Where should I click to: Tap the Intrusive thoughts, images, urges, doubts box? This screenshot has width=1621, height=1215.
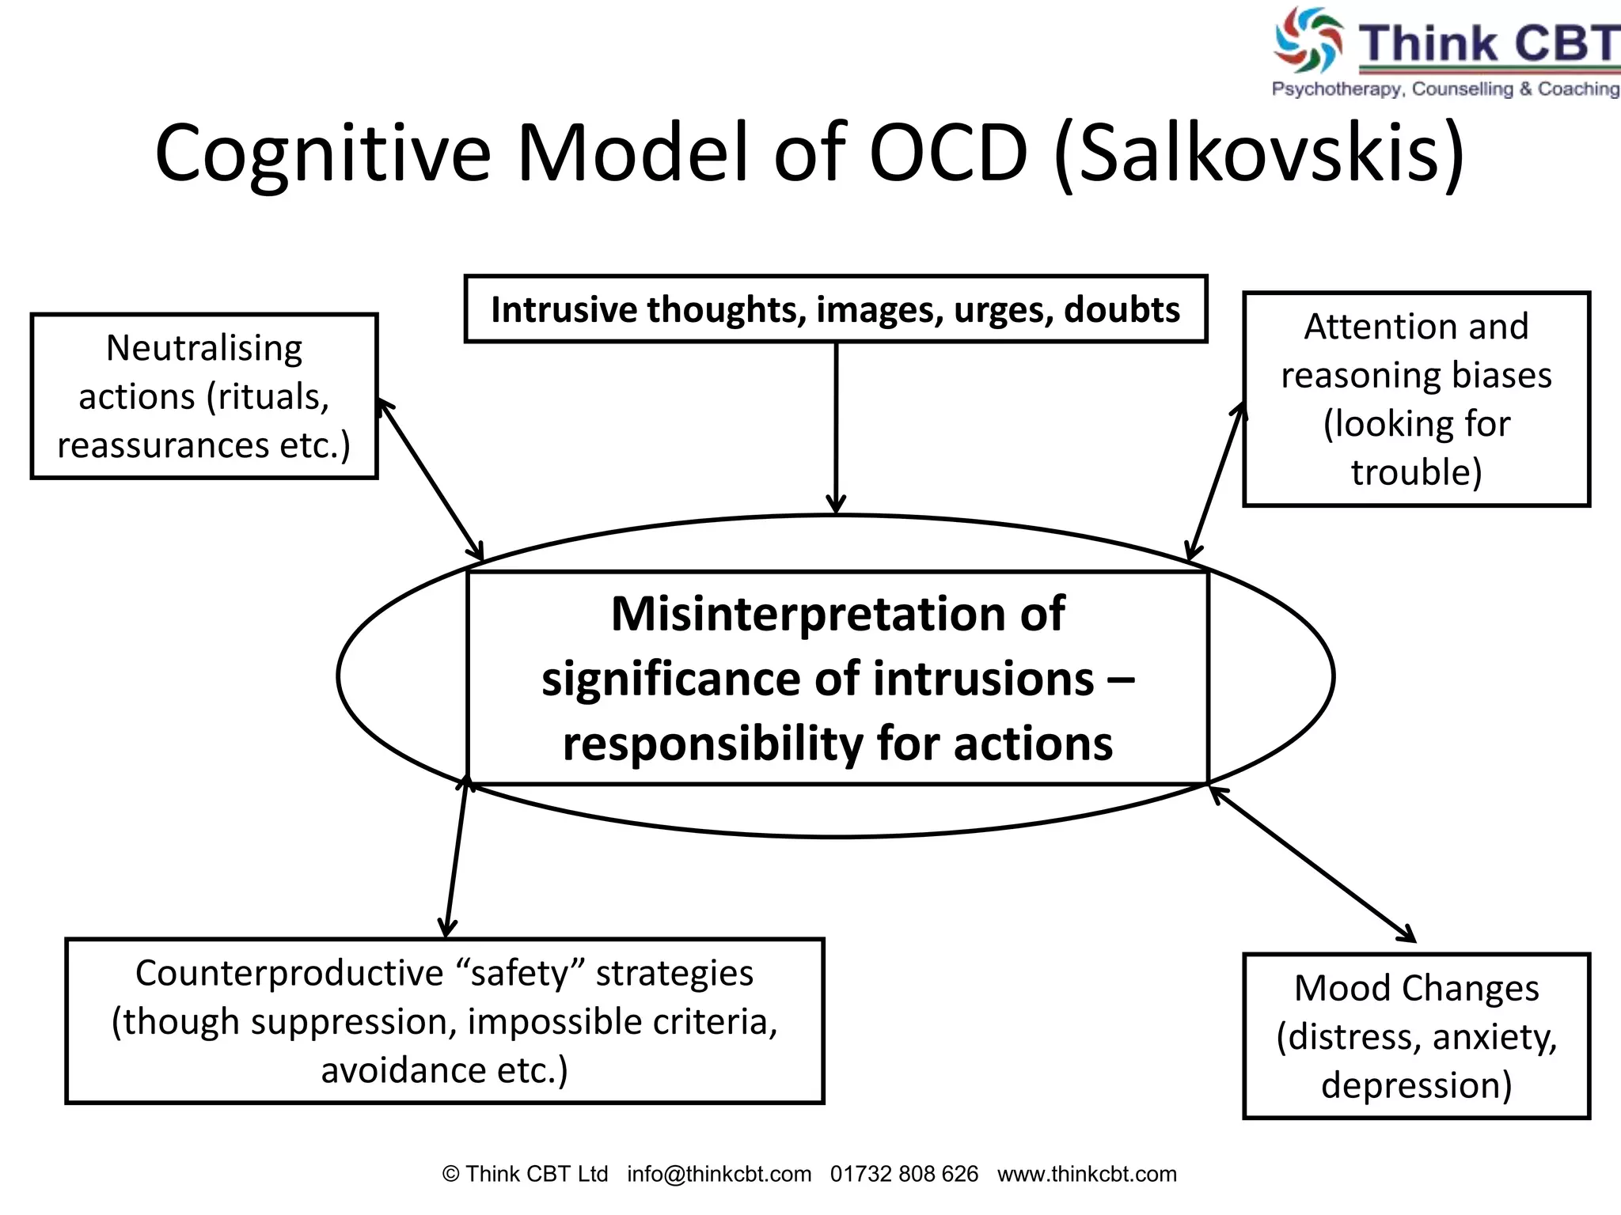click(835, 309)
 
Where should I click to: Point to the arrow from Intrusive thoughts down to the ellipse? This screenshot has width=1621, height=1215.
click(836, 427)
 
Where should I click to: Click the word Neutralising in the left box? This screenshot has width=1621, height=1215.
click(204, 348)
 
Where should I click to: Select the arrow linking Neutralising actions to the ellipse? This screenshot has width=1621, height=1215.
click(430, 479)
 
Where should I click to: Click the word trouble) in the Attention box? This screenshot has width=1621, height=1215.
click(1416, 472)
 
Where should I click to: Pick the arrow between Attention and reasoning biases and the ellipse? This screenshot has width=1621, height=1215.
click(1216, 483)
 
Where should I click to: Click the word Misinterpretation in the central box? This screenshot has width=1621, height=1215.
click(837, 614)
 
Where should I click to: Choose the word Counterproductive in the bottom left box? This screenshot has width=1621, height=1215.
click(289, 973)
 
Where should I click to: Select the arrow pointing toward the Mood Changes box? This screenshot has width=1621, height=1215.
click(1312, 865)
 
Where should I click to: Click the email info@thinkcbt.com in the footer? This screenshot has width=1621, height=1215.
click(719, 1174)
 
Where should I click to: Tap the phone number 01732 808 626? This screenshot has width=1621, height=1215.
click(904, 1174)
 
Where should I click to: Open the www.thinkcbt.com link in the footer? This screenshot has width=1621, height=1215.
click(1087, 1174)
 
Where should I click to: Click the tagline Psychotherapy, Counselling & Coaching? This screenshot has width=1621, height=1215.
click(1445, 89)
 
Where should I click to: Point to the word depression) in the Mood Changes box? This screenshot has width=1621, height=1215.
click(1416, 1085)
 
